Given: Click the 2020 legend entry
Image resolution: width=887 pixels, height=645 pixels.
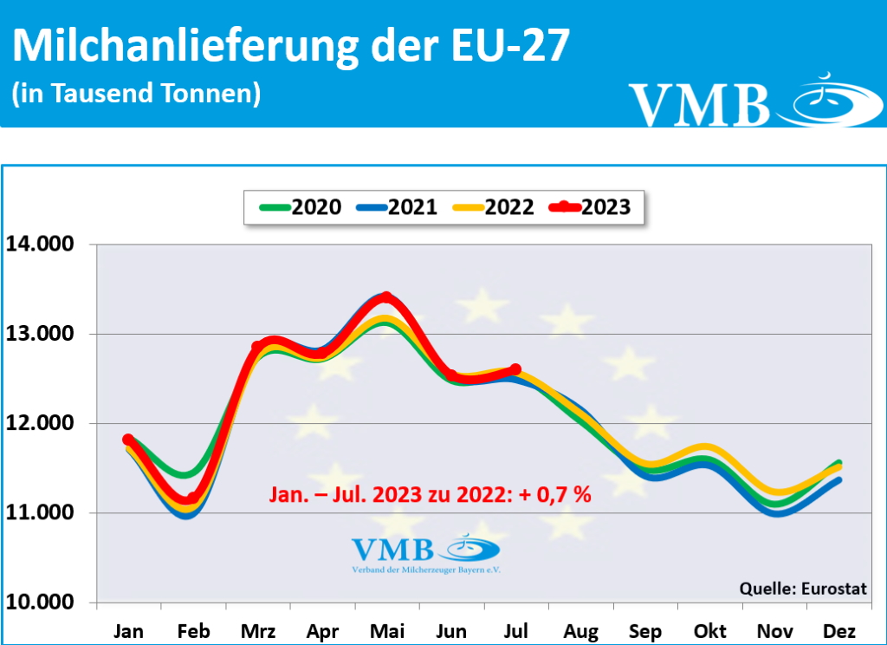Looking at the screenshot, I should pos(300,207).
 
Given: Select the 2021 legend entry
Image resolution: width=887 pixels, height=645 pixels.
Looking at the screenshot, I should pos(396,207).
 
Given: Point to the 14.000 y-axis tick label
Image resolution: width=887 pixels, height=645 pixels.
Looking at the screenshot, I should pos(41,244).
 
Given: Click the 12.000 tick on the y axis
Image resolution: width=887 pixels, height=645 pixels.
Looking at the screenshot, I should pos(41,424).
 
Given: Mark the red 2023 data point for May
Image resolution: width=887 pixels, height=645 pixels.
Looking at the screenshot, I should pos(386,297).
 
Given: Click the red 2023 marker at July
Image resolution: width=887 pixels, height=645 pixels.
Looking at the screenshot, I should pos(515,369).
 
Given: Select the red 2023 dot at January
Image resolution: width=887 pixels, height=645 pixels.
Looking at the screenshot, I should pos(128,440).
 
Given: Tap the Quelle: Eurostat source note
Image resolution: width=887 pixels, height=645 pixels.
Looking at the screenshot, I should pos(803,589).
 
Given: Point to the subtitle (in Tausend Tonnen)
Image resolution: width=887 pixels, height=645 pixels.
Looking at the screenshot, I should pos(136,94).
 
